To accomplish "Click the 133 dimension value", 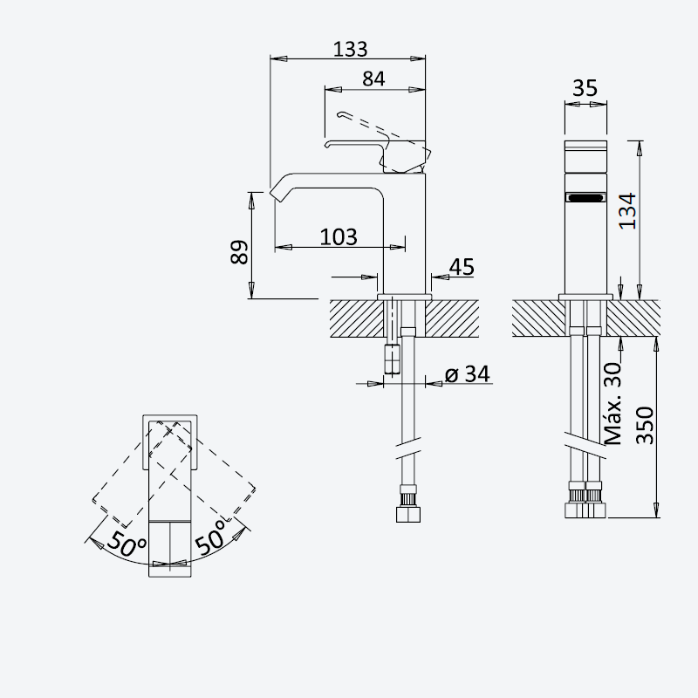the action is (351, 49).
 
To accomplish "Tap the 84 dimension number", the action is (373, 79).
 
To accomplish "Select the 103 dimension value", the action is (339, 236).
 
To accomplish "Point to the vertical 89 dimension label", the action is (239, 252).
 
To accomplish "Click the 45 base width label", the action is (462, 267).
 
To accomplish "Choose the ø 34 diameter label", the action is (468, 374).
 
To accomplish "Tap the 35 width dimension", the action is (585, 88).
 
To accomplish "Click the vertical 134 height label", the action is (628, 210).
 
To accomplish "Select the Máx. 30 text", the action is (613, 404).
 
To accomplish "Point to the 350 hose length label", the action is (645, 426).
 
